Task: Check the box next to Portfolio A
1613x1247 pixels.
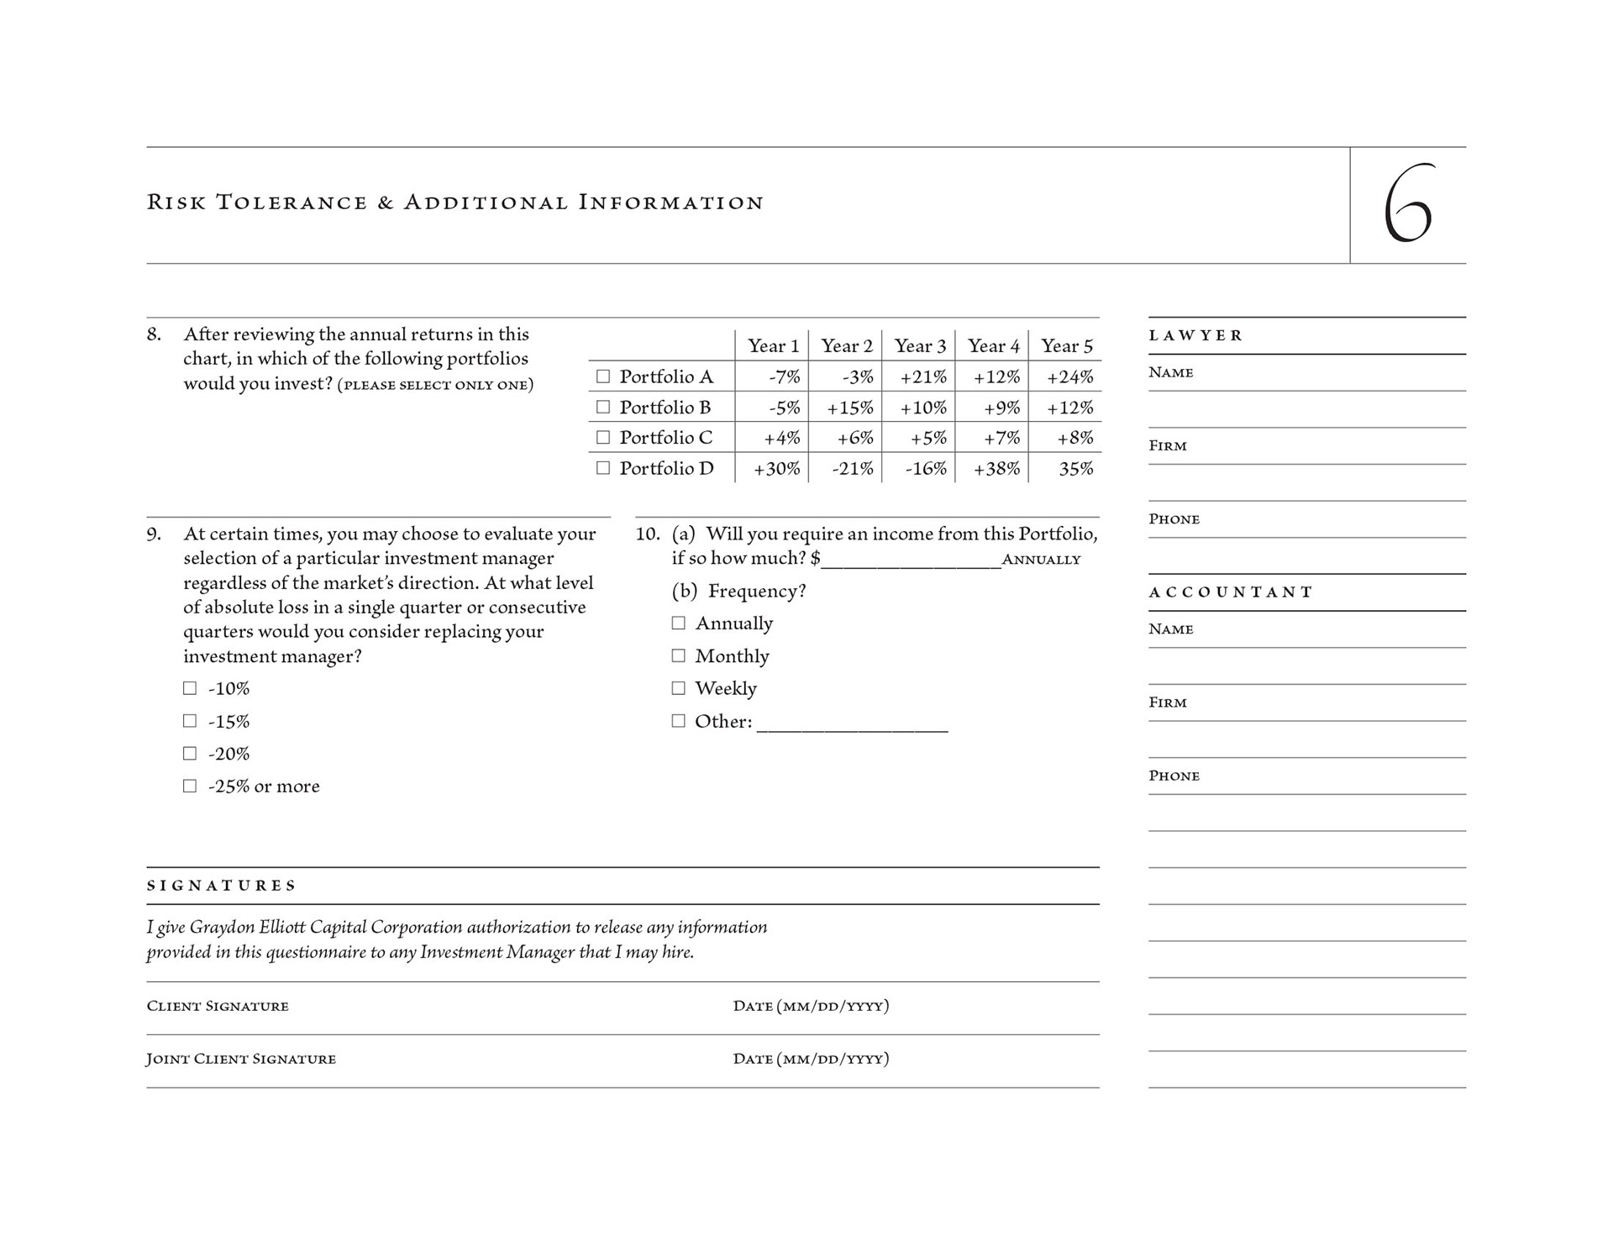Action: (x=602, y=376)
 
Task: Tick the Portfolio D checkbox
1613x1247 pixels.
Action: (x=602, y=468)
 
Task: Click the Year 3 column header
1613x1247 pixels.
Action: (x=920, y=346)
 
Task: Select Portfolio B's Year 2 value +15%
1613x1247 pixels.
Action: (x=849, y=408)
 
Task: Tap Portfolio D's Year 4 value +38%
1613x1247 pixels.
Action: (x=996, y=469)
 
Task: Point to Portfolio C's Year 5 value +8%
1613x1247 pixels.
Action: (x=1074, y=438)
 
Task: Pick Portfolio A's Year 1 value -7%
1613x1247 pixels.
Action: (x=784, y=377)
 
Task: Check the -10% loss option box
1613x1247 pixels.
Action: (x=190, y=688)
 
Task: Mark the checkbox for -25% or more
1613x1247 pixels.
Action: (x=190, y=786)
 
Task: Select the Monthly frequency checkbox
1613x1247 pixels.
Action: (x=678, y=655)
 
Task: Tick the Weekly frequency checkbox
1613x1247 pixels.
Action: (x=678, y=688)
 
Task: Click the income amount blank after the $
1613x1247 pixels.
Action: (x=911, y=562)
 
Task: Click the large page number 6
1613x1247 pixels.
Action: (x=1408, y=205)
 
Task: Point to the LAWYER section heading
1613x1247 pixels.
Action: (x=1195, y=335)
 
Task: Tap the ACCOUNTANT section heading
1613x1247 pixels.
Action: (x=1231, y=592)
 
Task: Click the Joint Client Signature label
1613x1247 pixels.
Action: (x=241, y=1059)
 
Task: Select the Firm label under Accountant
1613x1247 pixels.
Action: (x=1168, y=702)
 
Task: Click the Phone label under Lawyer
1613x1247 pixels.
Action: (x=1174, y=519)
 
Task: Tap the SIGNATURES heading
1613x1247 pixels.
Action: (x=222, y=886)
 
